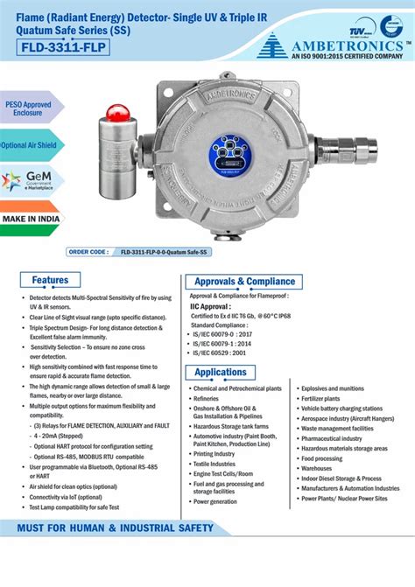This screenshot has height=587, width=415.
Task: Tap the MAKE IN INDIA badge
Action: [x=31, y=219]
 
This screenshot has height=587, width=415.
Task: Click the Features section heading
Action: [x=51, y=281]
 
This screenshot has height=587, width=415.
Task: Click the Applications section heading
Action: [x=221, y=373]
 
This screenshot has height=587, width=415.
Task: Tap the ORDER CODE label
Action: [x=88, y=251]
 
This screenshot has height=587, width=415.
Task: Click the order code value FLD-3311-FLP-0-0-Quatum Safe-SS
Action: [x=165, y=251]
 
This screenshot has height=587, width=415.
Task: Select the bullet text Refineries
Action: [x=206, y=398]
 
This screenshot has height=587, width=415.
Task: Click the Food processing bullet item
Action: [x=322, y=458]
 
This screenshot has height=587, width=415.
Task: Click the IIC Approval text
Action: [x=210, y=307]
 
